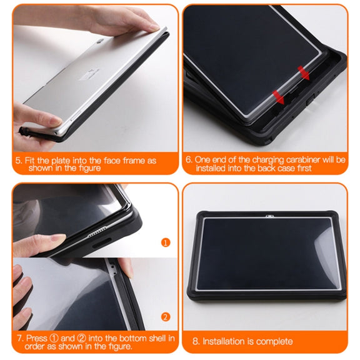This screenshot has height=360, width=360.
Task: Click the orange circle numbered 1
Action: pos(166,242)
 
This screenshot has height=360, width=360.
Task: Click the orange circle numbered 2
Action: pos(166,317)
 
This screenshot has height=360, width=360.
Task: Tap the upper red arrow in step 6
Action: pos(304,73)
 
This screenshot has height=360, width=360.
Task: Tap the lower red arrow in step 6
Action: pos(279,97)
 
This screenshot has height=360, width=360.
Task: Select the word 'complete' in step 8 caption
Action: pos(274,341)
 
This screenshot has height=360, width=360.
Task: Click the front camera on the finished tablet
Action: pos(269,216)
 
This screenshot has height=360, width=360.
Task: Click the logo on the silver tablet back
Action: pos(99,41)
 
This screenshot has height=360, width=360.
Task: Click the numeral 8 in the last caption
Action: pos(196,341)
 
